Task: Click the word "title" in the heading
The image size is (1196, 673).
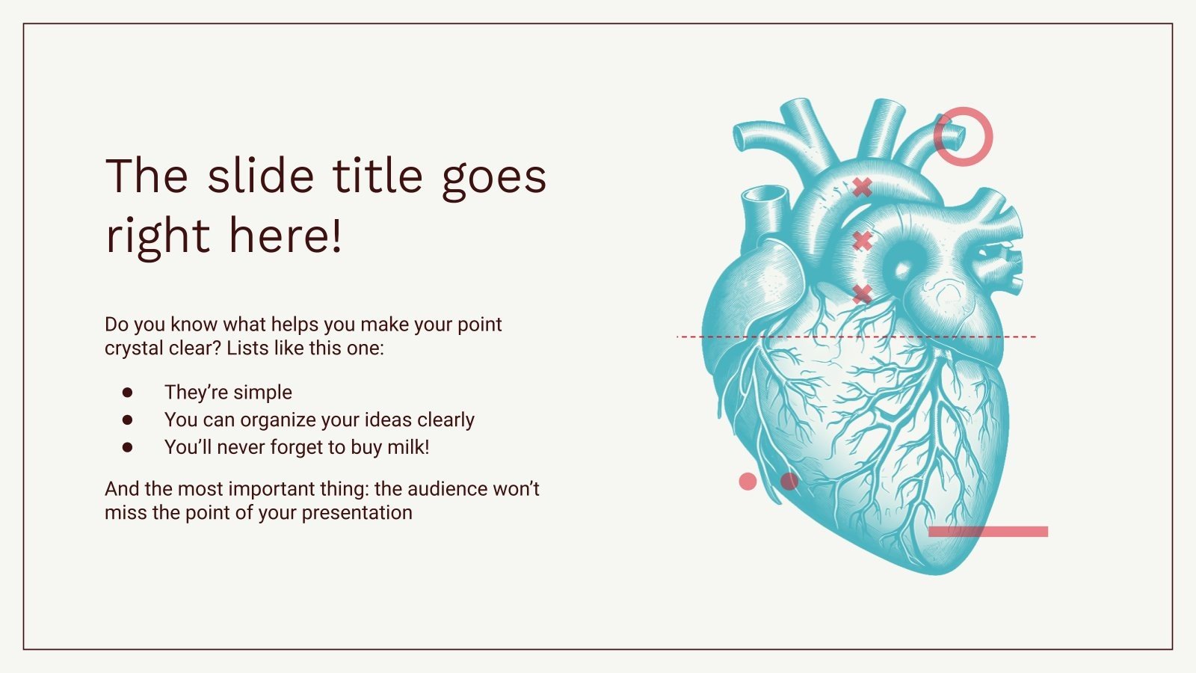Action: [x=378, y=176]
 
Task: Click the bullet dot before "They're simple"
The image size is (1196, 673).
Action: [x=127, y=392]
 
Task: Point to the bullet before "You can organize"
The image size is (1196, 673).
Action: [x=127, y=420]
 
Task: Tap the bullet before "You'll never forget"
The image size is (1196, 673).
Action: [x=127, y=447]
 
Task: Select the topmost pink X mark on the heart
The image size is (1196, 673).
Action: [x=863, y=187]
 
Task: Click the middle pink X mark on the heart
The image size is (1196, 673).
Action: [x=863, y=241]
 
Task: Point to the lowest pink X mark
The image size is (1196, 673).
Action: [x=863, y=294]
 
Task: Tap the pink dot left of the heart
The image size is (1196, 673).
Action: [x=747, y=482]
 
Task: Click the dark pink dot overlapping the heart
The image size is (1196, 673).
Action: [x=789, y=482]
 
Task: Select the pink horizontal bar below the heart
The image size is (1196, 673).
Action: [x=987, y=532]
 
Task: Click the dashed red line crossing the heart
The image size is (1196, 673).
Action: [x=718, y=336]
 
